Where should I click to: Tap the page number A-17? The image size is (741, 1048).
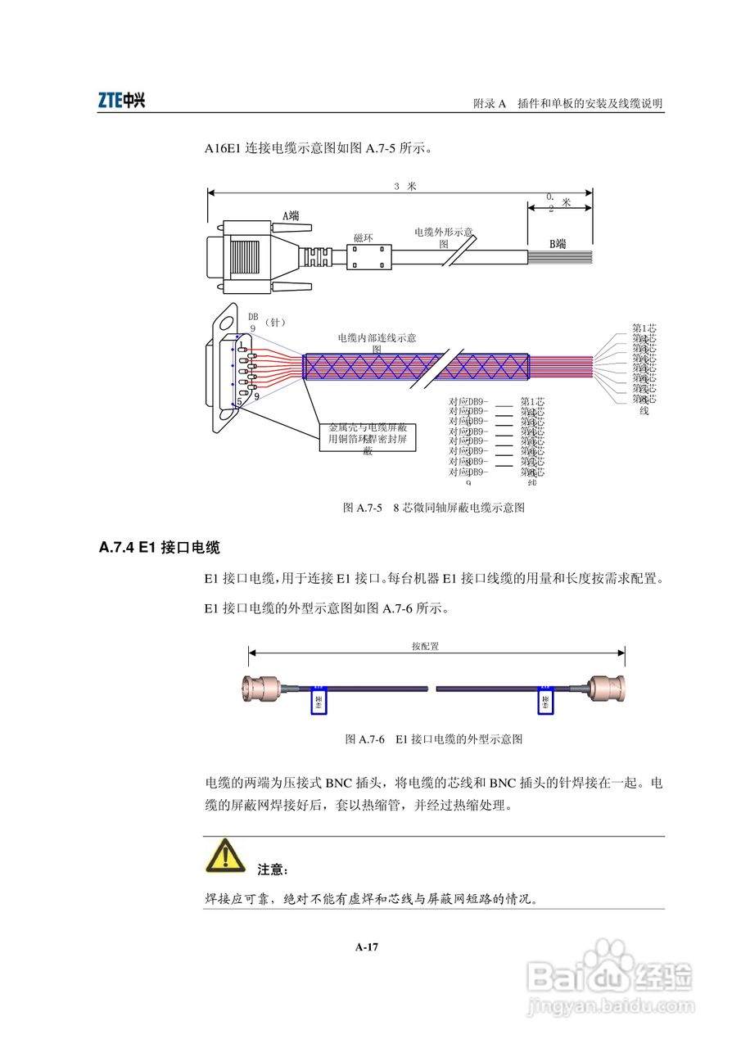click(367, 947)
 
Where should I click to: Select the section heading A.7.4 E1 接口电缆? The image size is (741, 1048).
click(160, 547)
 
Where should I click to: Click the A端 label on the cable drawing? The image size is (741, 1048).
click(291, 215)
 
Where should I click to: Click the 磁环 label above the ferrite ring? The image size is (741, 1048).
click(364, 237)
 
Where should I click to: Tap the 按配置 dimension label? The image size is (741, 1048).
click(425, 646)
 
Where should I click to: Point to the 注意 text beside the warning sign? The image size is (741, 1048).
click(273, 869)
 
